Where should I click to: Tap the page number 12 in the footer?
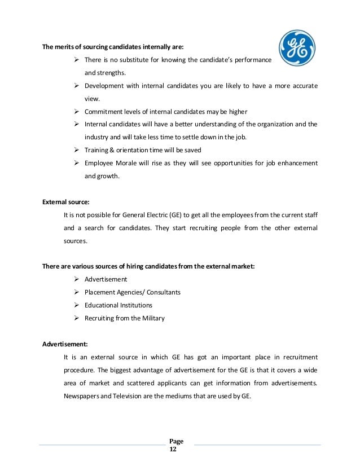point(173,449)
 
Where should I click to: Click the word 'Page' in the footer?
point(176,441)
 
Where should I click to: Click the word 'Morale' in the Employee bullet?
point(129,163)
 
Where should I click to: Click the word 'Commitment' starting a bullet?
point(104,111)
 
